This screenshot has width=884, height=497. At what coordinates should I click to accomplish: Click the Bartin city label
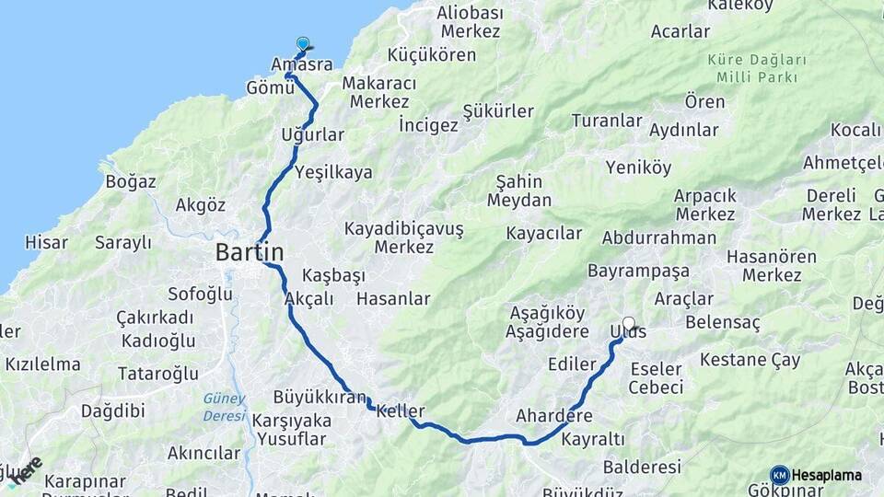point(250,252)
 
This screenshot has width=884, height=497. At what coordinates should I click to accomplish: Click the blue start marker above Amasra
point(303,43)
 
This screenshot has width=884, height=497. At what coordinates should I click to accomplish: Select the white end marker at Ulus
point(629,324)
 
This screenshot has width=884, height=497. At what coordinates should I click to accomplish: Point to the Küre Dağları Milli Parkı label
point(757,68)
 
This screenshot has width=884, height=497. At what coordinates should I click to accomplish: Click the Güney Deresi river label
point(225,407)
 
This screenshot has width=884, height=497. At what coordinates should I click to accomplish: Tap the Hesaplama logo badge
point(816,475)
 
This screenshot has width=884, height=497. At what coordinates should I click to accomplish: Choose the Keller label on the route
point(401,410)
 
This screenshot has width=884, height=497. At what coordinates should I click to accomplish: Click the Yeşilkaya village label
point(333,172)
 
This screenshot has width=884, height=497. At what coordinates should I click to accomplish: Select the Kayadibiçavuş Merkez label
point(404,237)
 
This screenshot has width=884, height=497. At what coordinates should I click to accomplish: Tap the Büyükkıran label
point(320,398)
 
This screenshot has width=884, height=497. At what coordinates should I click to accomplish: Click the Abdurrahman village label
point(658,237)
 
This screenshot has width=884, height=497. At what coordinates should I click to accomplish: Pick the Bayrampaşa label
point(638,272)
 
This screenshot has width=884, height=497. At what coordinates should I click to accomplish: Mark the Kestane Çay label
point(750,360)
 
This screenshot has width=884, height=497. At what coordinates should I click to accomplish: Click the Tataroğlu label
point(157,374)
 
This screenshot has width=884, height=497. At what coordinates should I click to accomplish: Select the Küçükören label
point(432,54)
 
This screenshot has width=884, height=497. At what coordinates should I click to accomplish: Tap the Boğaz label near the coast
point(131,181)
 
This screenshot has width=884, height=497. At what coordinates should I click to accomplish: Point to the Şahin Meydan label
point(519,191)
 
